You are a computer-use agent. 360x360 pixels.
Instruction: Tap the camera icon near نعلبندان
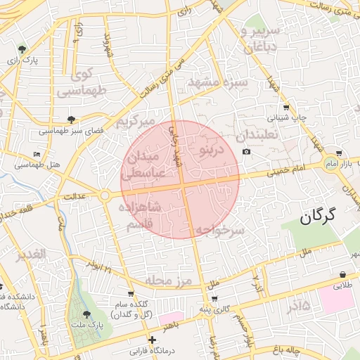pos(246,152)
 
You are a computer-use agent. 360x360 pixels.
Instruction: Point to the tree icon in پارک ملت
pos(86,315)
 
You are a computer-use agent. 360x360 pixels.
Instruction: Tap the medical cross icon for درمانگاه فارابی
pos(152,340)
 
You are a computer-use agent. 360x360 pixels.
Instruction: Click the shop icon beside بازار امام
pos(340,153)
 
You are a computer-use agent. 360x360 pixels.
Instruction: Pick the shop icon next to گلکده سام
pos(131,294)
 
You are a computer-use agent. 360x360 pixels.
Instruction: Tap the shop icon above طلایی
pos(342,274)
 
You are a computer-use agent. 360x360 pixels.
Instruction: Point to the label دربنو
pos(210,150)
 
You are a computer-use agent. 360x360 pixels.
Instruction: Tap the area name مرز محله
pos(169,281)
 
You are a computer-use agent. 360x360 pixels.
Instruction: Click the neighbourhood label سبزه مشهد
pos(217,82)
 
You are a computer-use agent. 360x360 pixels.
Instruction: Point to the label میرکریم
pos(134,122)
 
